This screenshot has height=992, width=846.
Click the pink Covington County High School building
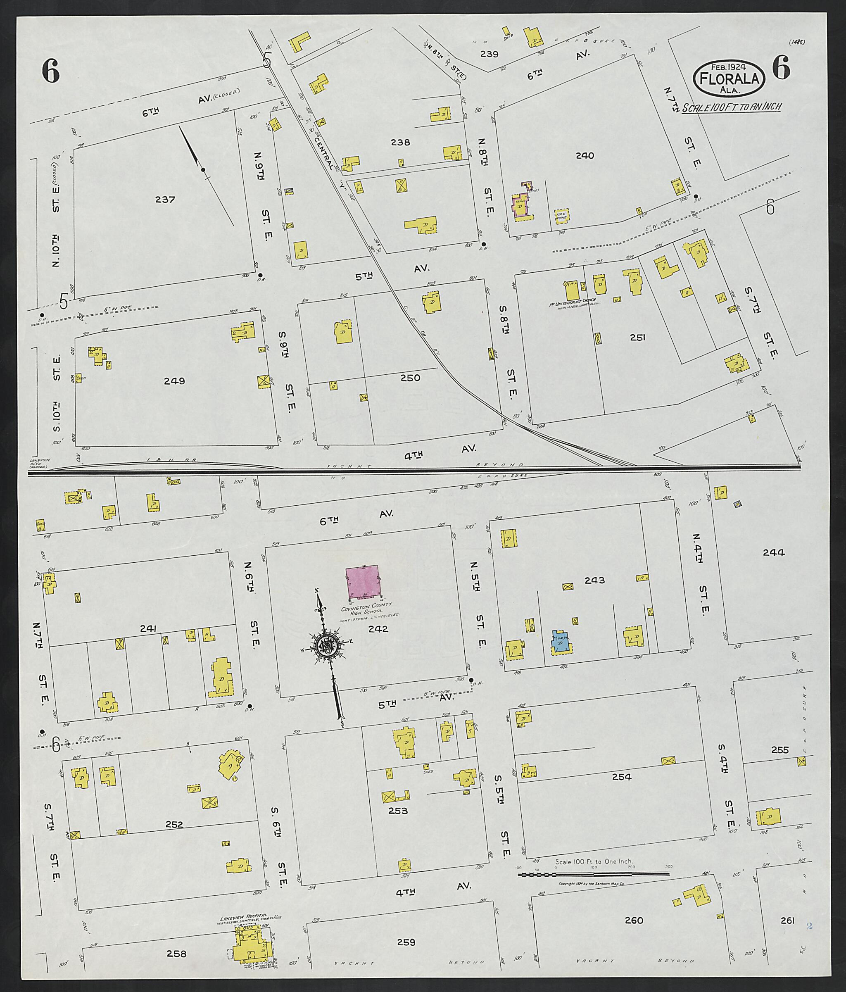pos(362,582)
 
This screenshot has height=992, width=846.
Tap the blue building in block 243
pos(560,641)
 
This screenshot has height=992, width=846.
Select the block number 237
pos(165,200)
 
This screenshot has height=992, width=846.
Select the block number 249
pos(174,381)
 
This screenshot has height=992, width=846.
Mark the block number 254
pos(621,777)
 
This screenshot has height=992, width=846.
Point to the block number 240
pos(585,156)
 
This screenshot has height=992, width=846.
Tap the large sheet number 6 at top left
pos(50,72)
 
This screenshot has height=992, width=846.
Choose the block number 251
pos(637,338)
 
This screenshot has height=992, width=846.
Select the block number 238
pos(400,142)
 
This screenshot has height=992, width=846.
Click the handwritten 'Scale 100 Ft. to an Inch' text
pos(732,107)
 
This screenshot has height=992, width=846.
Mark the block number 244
pos(773,552)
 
